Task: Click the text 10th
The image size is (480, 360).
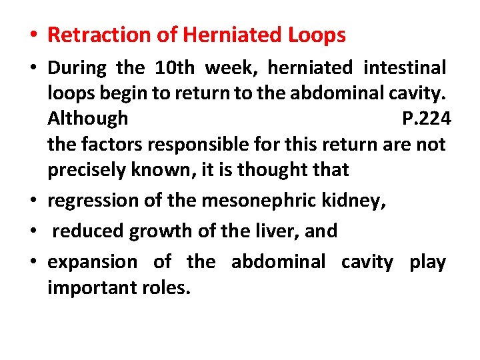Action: click(174, 68)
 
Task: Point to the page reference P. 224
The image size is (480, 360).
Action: click(427, 119)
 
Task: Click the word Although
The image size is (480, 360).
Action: click(87, 119)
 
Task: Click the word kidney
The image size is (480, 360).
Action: click(355, 200)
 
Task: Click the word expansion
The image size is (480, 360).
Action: click(93, 262)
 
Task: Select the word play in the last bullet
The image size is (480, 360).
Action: click(427, 262)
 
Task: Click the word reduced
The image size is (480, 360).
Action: click(87, 231)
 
